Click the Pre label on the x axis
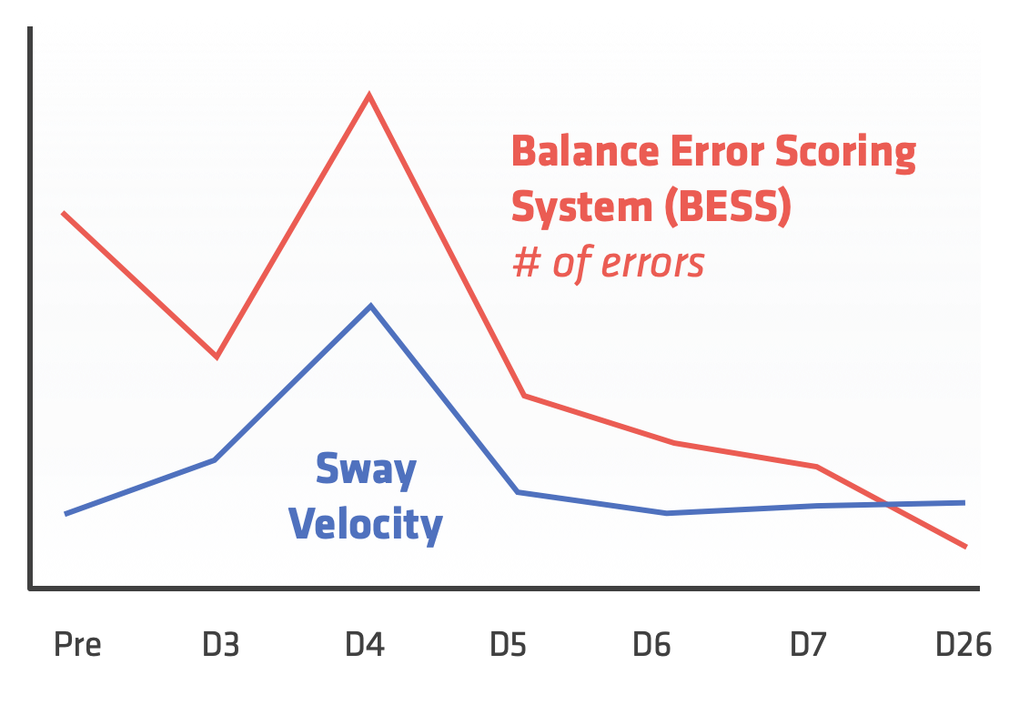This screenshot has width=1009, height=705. [x=78, y=644]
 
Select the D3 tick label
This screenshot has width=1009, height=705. [x=221, y=644]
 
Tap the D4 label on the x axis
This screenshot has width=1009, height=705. [x=365, y=644]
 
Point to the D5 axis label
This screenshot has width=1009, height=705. [x=508, y=644]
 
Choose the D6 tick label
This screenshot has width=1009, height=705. [x=651, y=644]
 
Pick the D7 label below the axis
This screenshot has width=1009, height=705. [x=808, y=644]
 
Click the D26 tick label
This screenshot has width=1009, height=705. [x=964, y=644]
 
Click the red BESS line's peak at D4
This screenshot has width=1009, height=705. [x=368, y=96]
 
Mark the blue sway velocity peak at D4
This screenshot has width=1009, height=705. [x=370, y=306]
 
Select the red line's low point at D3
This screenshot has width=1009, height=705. [x=217, y=357]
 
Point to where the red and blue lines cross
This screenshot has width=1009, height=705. [x=888, y=505]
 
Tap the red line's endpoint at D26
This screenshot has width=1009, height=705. [x=965, y=547]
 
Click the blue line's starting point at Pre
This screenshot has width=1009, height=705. [x=66, y=513]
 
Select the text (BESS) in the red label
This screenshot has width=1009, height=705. [x=728, y=206]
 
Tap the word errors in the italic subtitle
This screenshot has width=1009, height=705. [x=652, y=263]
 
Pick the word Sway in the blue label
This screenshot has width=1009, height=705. [x=366, y=470]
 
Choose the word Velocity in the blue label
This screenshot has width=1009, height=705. [x=366, y=524]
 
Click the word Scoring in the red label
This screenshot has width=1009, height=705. [x=845, y=153]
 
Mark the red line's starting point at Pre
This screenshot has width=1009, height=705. [x=63, y=213]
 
